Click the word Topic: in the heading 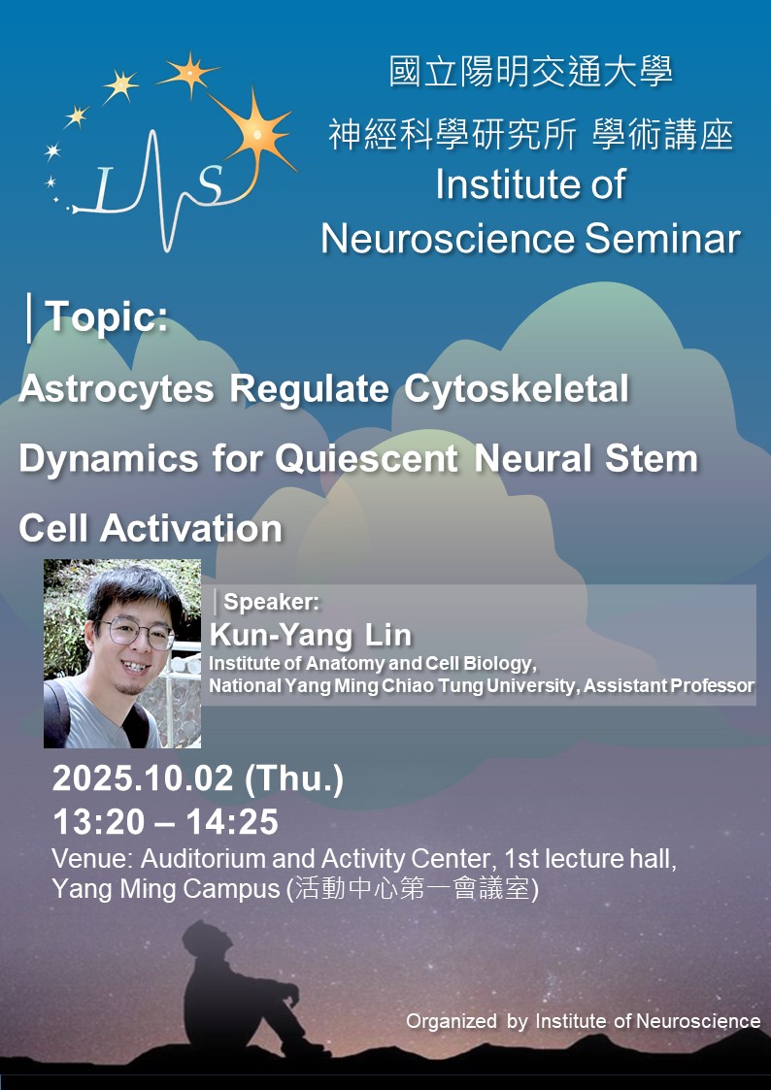pos(107,317)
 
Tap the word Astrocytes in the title pos(117,388)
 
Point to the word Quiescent pos(366,459)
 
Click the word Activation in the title pos(191,529)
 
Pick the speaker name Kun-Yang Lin pos(310,636)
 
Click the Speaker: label pos(271,603)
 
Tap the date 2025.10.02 pos(143,779)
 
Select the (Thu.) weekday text pos(294,780)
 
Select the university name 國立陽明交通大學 pos(531,73)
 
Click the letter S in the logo pos(210,183)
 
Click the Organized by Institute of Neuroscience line pos(583,1021)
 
